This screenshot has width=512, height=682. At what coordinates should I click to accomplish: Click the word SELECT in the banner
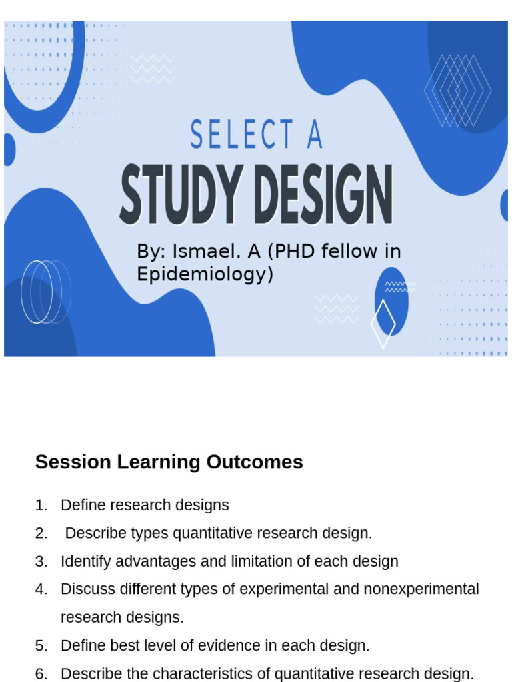point(241,134)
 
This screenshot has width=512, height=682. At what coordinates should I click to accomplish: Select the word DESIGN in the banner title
point(323,194)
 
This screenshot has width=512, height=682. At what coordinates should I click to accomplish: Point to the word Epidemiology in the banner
point(205,274)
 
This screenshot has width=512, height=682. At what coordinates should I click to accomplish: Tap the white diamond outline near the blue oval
point(383,324)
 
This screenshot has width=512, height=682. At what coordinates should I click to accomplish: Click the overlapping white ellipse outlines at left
point(46,292)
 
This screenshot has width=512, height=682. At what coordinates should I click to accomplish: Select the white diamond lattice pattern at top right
point(458,91)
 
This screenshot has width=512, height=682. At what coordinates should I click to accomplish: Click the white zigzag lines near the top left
point(153,69)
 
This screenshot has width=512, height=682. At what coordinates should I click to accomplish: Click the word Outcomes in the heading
point(255,462)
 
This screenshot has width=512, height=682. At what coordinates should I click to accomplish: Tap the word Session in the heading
point(73,462)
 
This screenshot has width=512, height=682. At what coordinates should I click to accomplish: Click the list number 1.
point(41,506)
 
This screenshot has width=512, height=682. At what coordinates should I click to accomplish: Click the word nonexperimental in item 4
point(421,589)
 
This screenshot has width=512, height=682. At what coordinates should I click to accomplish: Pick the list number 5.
point(41,646)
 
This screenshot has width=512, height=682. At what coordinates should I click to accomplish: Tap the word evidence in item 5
point(229,645)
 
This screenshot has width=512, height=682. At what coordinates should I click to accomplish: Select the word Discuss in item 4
point(89,589)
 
